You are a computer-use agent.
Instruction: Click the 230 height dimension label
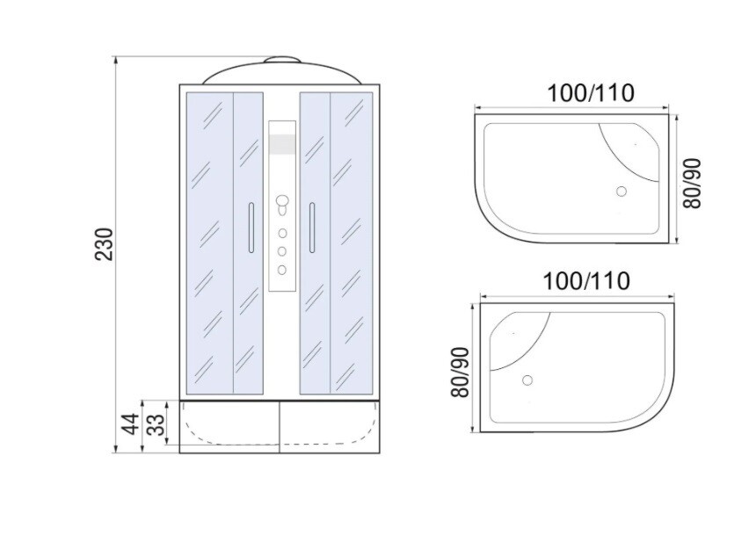pos(105,244)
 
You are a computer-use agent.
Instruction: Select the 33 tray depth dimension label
pos(156,424)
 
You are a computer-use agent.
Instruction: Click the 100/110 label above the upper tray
pos(591,93)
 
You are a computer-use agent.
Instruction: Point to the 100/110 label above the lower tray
pos(586,281)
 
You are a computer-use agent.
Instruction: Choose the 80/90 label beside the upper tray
pos(692,183)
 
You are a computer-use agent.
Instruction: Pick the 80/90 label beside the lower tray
pos(461,372)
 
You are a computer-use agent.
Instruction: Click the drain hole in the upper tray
pos(621,192)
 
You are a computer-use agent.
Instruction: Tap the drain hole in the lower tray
pos(527,380)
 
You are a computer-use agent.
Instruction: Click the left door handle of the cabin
pos(251,228)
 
